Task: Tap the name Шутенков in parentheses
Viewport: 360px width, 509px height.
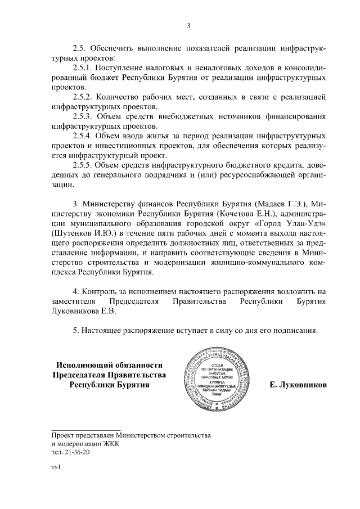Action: (x=70, y=233)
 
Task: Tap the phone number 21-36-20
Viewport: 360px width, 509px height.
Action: (x=73, y=451)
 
